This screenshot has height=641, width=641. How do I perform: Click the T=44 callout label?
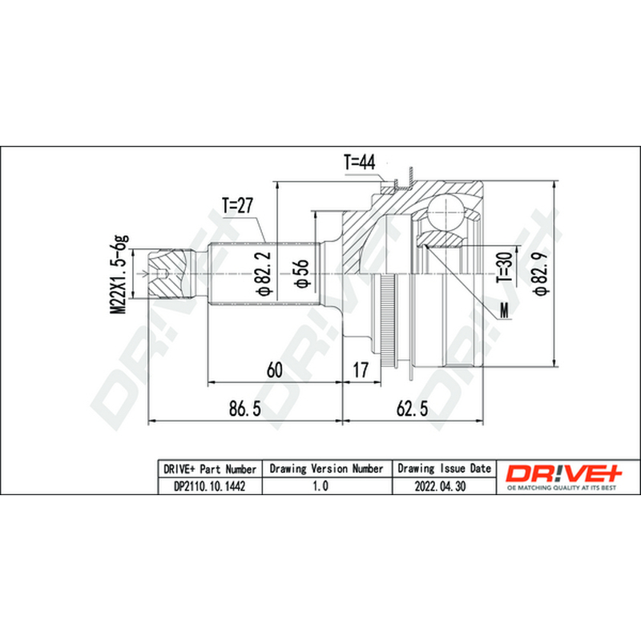[x=359, y=163]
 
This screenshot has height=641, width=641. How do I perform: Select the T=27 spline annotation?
[x=237, y=206]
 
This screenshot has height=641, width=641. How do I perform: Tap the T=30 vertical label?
[x=505, y=267]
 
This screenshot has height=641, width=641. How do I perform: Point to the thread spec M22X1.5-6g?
[x=119, y=274]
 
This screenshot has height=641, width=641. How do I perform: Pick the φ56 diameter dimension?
[x=302, y=273]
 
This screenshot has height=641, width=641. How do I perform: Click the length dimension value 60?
[x=274, y=370]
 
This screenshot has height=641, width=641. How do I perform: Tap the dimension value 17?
[x=361, y=370]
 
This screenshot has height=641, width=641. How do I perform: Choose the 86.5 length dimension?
[x=245, y=409]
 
